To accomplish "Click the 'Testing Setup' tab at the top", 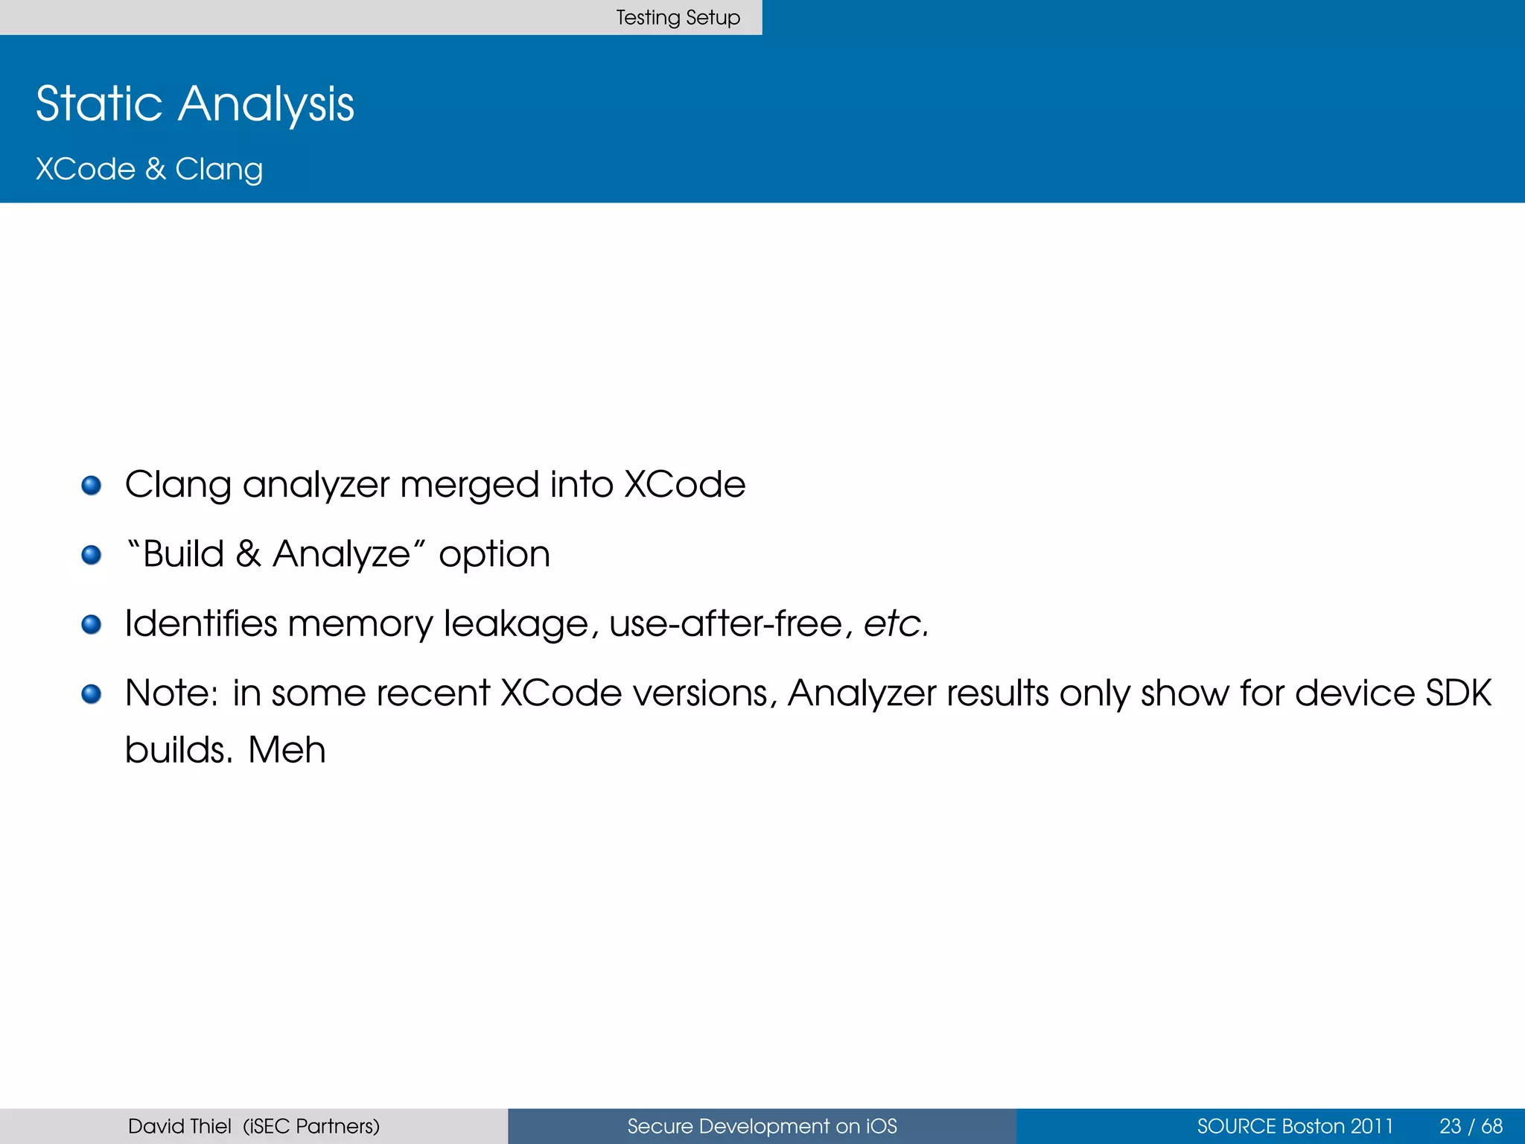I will pos(678,17).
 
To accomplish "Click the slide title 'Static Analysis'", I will pos(195,104).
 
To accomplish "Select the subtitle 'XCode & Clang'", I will pos(149,169).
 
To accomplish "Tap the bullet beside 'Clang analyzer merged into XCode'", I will pos(92,486).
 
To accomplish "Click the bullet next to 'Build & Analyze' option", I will pos(92,555).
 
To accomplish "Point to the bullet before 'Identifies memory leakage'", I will pos(92,624).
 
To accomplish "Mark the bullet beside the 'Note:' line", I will pos(92,694).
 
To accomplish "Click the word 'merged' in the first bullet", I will pos(469,486).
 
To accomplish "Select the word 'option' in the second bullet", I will pos(494,555).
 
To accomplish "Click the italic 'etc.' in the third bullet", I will pos(896,624).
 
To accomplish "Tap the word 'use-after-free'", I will pos(726,624).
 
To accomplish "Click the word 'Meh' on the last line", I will pos(287,750).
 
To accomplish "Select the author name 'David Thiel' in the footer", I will pos(179,1126).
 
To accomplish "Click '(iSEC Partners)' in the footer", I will pos(311,1126).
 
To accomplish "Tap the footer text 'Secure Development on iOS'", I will pos(762,1126).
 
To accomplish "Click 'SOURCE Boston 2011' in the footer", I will pos(1295,1126).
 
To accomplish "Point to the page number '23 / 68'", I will pos(1471,1126).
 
